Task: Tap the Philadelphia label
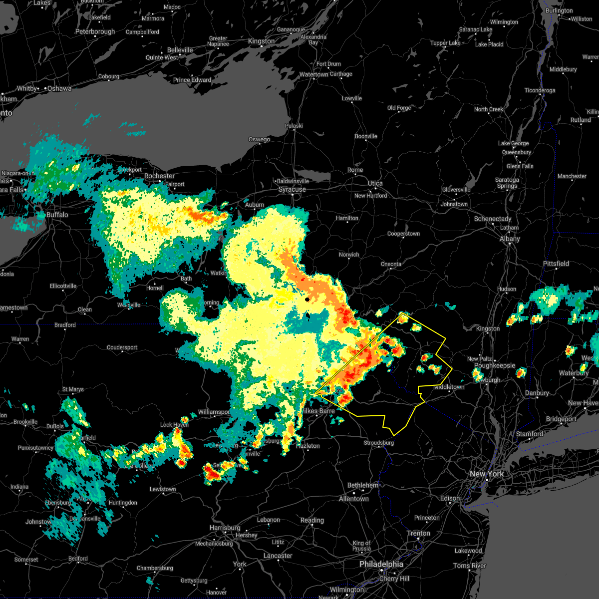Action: point(381,564)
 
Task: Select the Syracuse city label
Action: point(292,190)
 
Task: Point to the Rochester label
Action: point(159,176)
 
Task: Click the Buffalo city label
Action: point(56,215)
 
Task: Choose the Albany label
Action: point(510,239)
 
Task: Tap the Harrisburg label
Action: point(225,528)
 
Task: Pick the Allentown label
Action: point(354,499)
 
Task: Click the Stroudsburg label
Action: point(378,443)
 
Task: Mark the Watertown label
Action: point(313,74)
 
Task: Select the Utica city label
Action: point(375,183)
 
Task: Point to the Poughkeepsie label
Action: point(494,365)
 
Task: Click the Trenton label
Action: point(418,533)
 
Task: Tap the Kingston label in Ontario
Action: point(261,41)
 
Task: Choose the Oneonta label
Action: point(391,264)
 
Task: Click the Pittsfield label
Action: point(556,264)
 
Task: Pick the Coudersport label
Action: point(122,347)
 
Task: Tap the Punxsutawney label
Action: point(35,448)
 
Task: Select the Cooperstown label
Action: point(403,234)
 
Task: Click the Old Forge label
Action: point(399,108)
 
